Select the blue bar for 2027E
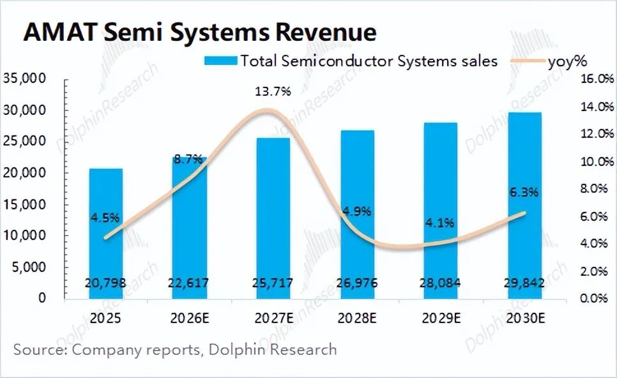click(x=273, y=217)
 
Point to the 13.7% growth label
click(x=273, y=91)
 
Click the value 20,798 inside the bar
click(x=105, y=283)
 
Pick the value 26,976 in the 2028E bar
click(x=357, y=283)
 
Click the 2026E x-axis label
click(x=189, y=317)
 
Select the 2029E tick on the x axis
click(x=441, y=317)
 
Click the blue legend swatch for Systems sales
click(x=220, y=61)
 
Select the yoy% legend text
click(x=567, y=61)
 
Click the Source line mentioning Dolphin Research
click(x=174, y=349)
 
